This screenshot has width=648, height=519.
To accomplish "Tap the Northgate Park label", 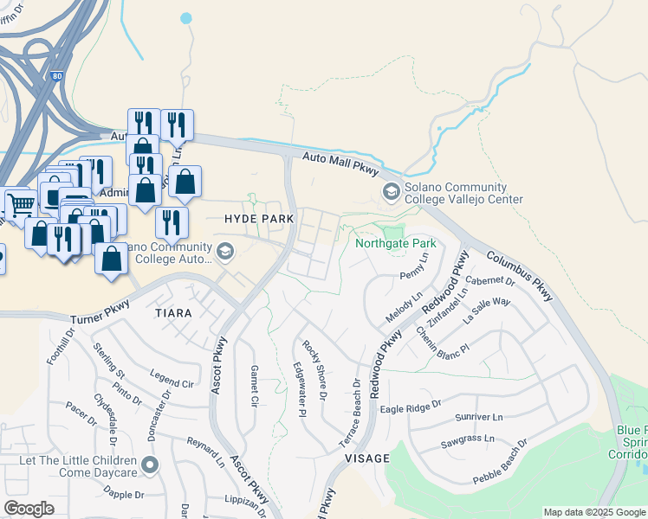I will pyautogui.click(x=396, y=243).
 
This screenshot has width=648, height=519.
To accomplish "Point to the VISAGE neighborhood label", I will pyautogui.click(x=367, y=458).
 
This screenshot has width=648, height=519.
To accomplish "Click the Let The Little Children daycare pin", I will pyautogui.click(x=151, y=466).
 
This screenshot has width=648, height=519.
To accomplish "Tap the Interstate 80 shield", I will pyautogui.click(x=56, y=54).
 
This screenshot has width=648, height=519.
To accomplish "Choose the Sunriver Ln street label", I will pyautogui.click(x=478, y=417).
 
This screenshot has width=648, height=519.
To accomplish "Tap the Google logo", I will pyautogui.click(x=29, y=509).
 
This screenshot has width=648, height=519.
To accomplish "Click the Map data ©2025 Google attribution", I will pyautogui.click(x=593, y=512).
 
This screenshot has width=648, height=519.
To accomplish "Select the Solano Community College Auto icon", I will pyautogui.click(x=225, y=252).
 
